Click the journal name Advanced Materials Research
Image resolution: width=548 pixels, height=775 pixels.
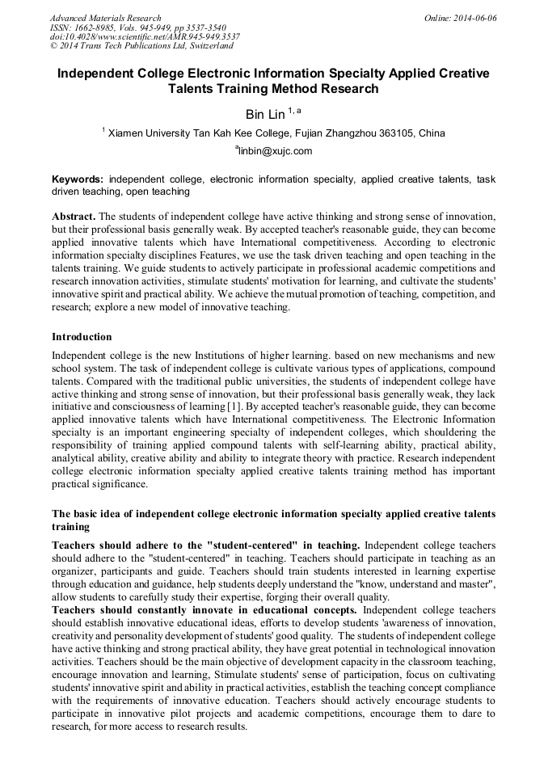click(x=105, y=18)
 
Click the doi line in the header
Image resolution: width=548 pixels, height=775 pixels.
click(x=145, y=36)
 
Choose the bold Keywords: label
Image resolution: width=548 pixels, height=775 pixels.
click(x=78, y=179)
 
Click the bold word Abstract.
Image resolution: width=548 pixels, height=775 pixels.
click(x=74, y=218)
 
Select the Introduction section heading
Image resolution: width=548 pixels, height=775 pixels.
click(x=82, y=336)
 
